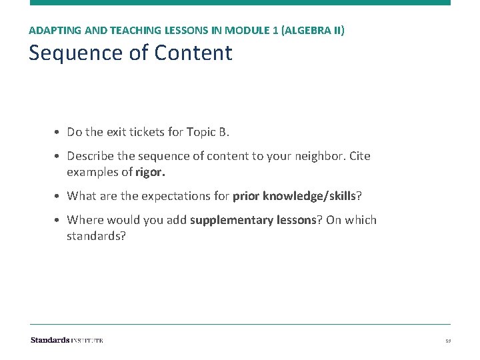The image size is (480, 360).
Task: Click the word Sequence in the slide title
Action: coord(71,53)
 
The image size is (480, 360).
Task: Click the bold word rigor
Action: coord(150,173)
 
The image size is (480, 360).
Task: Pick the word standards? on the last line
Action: coord(96,235)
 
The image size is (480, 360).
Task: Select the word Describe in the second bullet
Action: coord(89,156)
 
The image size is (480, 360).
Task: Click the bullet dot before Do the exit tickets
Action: coord(58,133)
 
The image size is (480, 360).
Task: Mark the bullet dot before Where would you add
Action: coord(58,221)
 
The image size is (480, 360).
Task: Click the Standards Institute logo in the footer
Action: coord(67,341)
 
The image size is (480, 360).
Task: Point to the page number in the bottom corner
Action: coord(448,341)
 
